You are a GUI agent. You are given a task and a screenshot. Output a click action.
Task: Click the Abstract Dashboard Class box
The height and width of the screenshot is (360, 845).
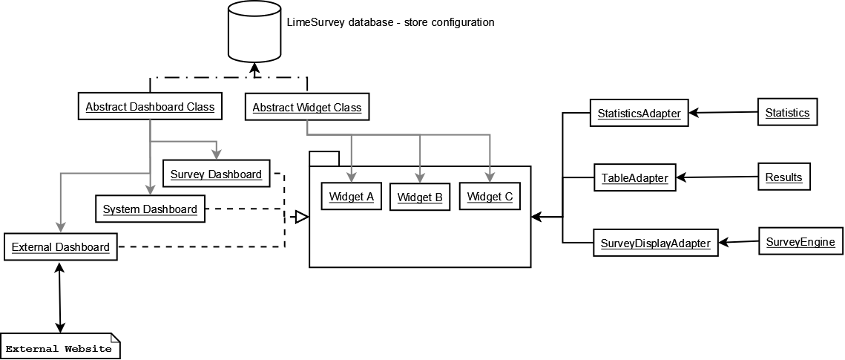(150, 107)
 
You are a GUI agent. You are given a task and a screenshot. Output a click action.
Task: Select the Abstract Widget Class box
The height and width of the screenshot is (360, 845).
(306, 108)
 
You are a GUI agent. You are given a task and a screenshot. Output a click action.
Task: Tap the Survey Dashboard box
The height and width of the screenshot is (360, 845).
(216, 174)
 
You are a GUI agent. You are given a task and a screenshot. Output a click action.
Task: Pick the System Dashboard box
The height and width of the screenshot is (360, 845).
(150, 209)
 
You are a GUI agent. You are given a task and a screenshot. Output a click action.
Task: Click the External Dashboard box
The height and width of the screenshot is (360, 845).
(61, 246)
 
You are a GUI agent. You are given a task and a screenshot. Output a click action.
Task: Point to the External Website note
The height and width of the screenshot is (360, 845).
(59, 347)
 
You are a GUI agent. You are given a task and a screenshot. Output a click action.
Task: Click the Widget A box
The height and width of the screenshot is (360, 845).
(351, 197)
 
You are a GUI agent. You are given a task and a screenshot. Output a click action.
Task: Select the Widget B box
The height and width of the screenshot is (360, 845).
(419, 197)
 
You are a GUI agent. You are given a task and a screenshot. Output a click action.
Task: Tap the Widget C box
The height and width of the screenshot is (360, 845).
(490, 197)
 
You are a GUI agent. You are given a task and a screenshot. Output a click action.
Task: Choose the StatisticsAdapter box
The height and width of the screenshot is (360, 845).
(639, 114)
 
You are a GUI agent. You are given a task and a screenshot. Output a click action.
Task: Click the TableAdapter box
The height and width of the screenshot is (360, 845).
(634, 178)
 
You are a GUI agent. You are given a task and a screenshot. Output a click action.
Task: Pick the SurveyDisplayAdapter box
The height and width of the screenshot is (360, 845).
(655, 243)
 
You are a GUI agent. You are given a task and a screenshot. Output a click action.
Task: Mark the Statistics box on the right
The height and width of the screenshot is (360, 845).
(786, 113)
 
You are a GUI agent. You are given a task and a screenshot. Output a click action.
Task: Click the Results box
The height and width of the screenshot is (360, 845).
(783, 177)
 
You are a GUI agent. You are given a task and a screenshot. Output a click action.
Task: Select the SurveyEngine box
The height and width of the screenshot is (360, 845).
(800, 242)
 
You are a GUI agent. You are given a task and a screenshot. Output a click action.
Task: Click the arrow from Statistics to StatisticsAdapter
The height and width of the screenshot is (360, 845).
(723, 113)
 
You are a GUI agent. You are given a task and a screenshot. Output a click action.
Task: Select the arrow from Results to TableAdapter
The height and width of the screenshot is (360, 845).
(717, 177)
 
